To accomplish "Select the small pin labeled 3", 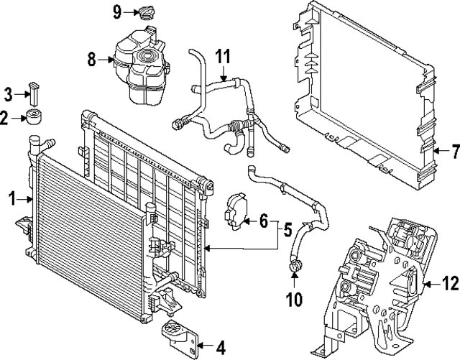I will click(x=33, y=93).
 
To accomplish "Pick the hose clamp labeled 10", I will click(x=295, y=268).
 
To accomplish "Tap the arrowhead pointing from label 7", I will click(x=436, y=151).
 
